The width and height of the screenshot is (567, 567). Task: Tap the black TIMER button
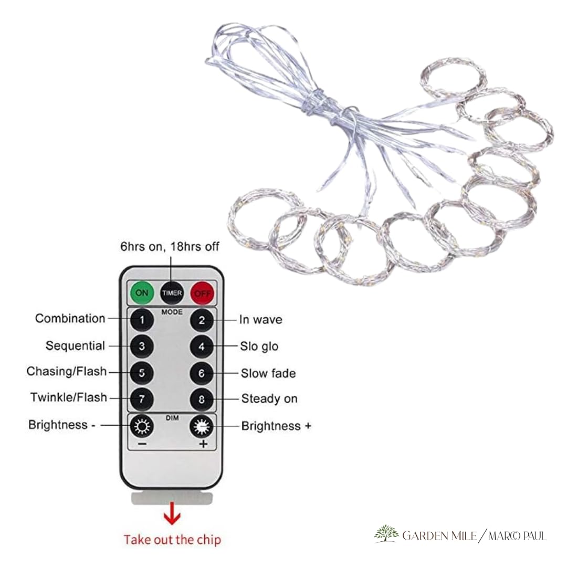point(172,293)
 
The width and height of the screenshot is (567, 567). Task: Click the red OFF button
point(202,293)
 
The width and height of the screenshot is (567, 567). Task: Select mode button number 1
point(142,320)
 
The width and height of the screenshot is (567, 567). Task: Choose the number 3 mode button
point(142,346)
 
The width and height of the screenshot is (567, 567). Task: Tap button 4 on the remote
point(202,347)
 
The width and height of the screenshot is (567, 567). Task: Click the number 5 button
point(142,373)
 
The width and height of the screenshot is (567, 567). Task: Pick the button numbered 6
point(202,373)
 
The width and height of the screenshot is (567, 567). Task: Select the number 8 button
point(202,399)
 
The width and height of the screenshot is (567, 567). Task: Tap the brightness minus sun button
point(142,426)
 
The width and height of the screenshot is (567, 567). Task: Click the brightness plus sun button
point(202,427)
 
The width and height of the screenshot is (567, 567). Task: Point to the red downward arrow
point(172,513)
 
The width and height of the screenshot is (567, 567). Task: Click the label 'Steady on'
point(269,398)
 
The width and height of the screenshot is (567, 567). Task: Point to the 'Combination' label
point(70,318)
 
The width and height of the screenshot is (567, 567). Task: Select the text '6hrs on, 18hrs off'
point(170,247)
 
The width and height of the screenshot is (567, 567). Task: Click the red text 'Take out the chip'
point(172,540)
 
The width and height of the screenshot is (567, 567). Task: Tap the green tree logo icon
point(386,534)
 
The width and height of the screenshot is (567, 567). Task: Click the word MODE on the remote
point(172,312)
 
